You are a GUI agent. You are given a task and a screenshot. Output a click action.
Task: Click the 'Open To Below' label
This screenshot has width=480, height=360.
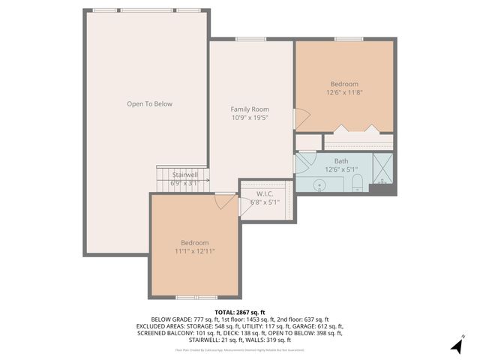click(149, 103)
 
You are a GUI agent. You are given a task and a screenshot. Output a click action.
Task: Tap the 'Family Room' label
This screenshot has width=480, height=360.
click(250, 109)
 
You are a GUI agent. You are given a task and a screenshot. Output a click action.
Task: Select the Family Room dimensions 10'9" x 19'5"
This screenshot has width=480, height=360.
click(250, 118)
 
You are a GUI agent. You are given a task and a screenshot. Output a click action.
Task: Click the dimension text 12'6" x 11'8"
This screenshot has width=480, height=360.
click(344, 92)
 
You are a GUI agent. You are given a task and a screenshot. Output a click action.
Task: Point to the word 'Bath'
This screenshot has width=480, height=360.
click(341, 161)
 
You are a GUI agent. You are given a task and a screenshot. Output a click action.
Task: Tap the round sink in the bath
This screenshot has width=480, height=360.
click(319, 182)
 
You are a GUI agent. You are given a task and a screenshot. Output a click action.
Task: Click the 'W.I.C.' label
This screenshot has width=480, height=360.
click(264, 193)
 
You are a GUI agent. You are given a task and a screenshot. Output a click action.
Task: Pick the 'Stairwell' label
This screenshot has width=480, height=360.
click(184, 174)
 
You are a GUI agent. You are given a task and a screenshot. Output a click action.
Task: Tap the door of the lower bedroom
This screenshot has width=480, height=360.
click(223, 201)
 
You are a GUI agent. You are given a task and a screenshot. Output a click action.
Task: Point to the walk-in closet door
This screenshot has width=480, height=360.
click(245, 201)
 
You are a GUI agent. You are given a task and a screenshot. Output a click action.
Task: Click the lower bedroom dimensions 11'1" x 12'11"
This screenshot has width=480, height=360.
click(194, 251)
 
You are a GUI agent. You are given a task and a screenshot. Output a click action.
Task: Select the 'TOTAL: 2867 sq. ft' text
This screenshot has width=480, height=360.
click(239, 311)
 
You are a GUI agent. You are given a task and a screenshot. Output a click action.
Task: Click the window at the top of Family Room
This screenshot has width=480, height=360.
click(250, 39)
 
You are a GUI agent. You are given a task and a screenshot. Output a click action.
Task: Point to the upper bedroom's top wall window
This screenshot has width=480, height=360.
click(349, 39)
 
